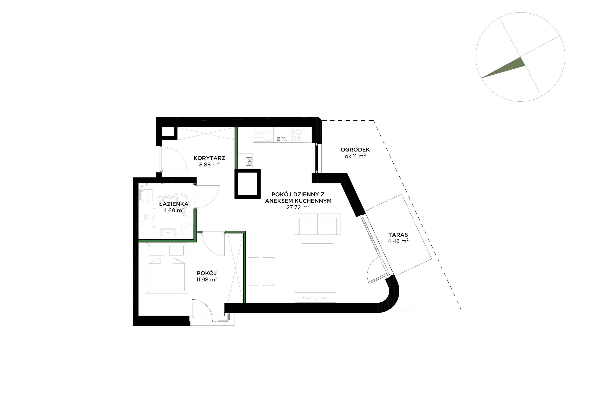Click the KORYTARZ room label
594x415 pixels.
coord(209,158)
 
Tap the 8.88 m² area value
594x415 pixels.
coord(209,164)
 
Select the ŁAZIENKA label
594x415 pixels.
coord(174,204)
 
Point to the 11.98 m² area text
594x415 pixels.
coord(207,279)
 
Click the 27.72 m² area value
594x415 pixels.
coord(298,207)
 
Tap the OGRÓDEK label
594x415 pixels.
coord(355,149)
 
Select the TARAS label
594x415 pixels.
coord(398,235)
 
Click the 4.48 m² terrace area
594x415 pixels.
coord(398,241)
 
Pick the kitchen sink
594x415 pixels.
coord(263,136)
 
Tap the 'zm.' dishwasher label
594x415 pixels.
coord(282,139)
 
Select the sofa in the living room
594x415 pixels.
coord(317,224)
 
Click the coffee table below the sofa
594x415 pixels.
coord(317,251)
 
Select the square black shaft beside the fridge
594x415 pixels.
coord(247,184)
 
